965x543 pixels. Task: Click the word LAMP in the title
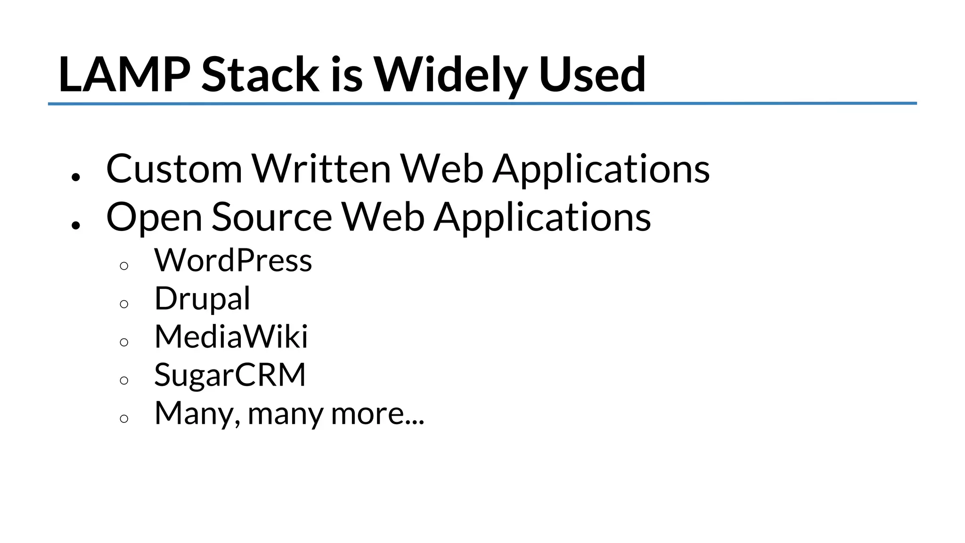(x=124, y=74)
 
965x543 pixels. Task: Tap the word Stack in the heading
(x=260, y=74)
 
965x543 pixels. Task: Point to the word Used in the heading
(x=592, y=74)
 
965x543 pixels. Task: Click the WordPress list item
(x=233, y=260)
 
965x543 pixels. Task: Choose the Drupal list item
(x=202, y=299)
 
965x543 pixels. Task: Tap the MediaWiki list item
(x=231, y=337)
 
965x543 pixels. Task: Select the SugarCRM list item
(x=230, y=376)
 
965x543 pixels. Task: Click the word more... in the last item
(x=377, y=414)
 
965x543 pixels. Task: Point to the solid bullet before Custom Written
(x=76, y=177)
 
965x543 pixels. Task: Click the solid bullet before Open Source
(x=76, y=225)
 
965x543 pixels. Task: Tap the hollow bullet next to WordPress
(x=124, y=266)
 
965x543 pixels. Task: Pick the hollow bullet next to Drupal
(x=124, y=304)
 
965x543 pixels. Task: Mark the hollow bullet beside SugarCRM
(x=124, y=381)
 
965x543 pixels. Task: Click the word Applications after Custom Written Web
(x=601, y=170)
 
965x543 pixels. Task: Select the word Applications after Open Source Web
(x=542, y=218)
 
